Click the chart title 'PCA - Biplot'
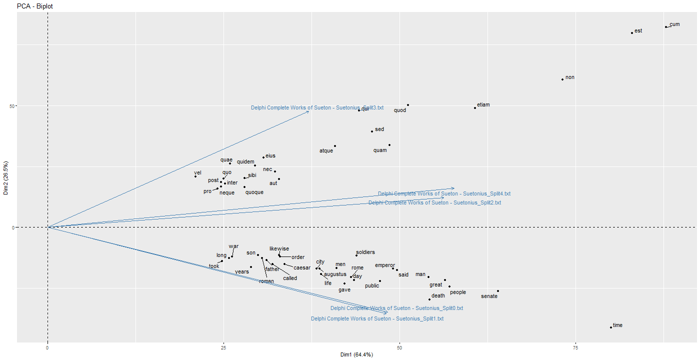click(x=35, y=6)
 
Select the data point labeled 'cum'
click(x=666, y=27)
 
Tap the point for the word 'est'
click(x=632, y=33)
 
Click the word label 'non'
click(x=570, y=77)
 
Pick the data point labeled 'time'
click(x=611, y=327)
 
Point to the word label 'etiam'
click(x=483, y=105)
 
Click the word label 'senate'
click(x=489, y=296)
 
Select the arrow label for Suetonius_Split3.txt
click(x=317, y=107)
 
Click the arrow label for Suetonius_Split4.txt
click(x=444, y=194)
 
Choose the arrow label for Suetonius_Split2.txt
click(x=434, y=203)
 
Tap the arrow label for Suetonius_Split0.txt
click(x=396, y=308)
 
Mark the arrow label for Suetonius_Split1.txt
click(x=377, y=319)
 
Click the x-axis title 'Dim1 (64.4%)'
click(x=356, y=354)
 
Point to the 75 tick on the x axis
click(x=575, y=347)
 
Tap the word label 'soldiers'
click(x=365, y=252)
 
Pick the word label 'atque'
click(x=326, y=151)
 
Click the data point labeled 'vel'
click(x=195, y=176)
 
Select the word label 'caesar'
click(x=302, y=268)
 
